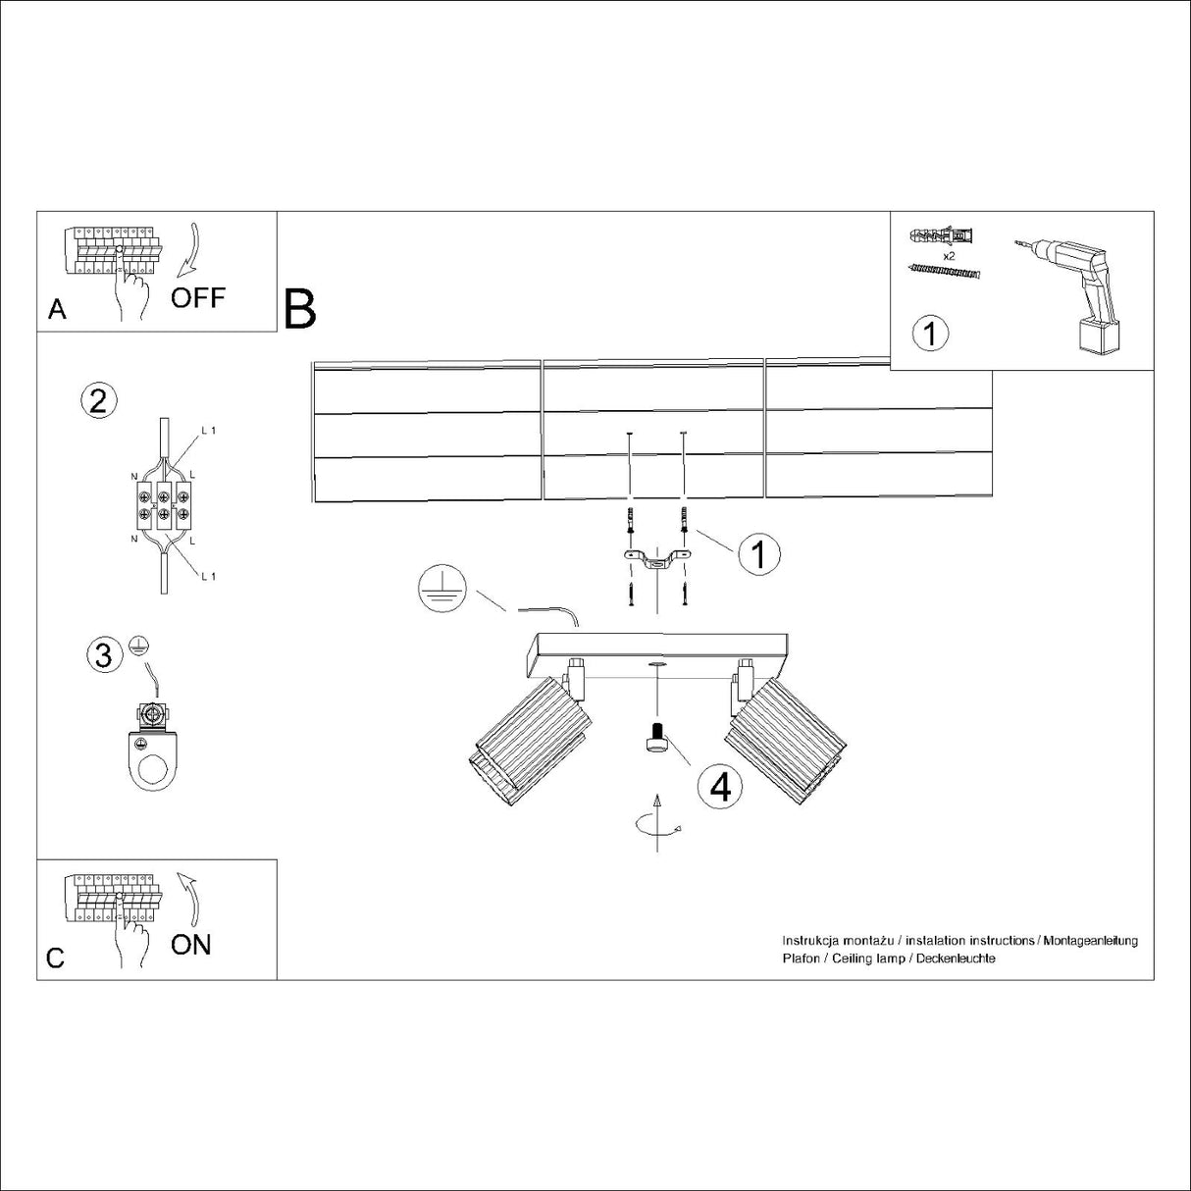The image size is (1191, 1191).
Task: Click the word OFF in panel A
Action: point(198,297)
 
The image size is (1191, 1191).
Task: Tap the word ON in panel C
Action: point(190,945)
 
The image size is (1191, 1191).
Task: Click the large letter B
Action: point(300,309)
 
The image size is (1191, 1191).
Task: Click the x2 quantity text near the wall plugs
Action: point(949,256)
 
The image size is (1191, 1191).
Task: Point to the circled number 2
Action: point(98,400)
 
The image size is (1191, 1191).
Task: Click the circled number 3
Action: point(104,653)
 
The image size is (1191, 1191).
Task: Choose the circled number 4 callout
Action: point(720,787)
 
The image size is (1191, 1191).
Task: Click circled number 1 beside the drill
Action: point(931,334)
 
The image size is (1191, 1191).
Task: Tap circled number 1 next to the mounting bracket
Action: point(757,554)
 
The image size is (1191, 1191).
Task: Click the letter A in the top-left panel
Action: point(57,310)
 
